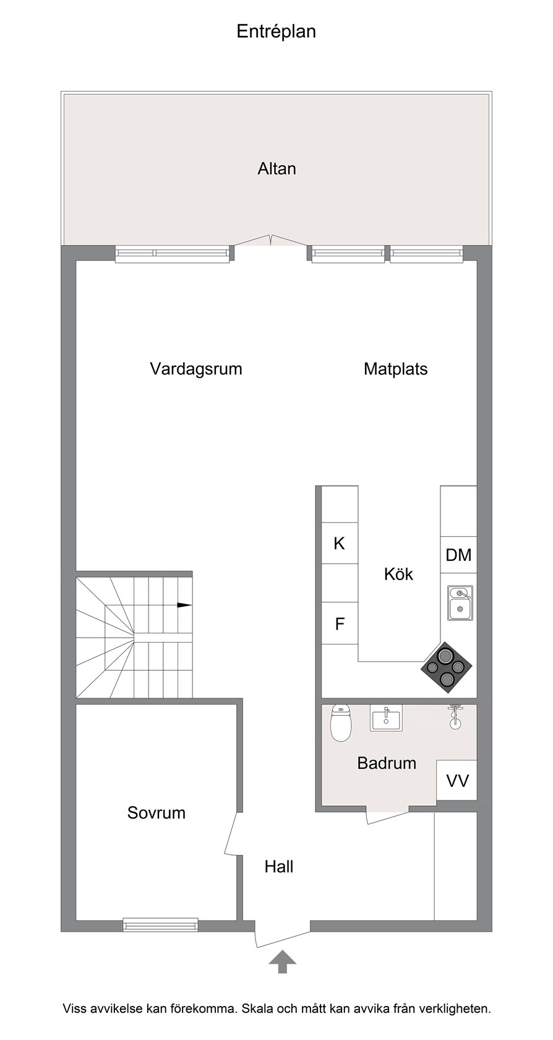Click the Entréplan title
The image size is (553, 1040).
276,32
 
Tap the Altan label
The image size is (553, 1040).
276,168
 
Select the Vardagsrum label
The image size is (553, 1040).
195,369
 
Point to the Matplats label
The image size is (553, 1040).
395,369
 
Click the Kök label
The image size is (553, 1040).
398,574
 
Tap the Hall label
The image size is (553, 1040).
279,867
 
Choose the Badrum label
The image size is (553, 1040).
387,763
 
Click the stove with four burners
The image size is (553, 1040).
447,667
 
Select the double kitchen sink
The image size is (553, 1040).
460,603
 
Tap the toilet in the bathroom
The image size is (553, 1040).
341,723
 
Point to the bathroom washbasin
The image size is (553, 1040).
386,718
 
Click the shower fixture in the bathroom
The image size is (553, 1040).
455,716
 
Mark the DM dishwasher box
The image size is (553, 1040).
458,555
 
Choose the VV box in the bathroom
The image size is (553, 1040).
457,780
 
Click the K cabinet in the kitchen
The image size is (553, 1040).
340,544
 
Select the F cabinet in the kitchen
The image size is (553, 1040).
340,623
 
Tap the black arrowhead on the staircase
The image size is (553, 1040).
184,605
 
